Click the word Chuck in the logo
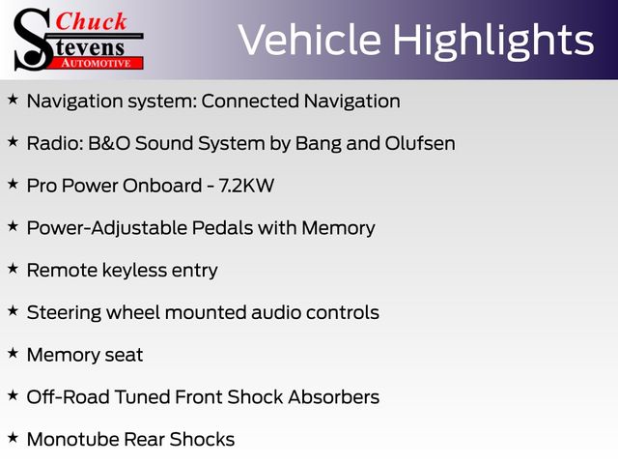tap(91, 21)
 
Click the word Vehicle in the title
tap(310, 40)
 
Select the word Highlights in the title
tap(493, 42)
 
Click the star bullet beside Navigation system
tap(13, 100)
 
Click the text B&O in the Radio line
tap(109, 143)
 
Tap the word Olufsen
tap(420, 143)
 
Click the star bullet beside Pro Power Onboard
tap(13, 184)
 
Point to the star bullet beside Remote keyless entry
tap(13, 269)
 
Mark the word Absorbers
tap(333, 397)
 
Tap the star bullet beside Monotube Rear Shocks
tap(13, 438)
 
